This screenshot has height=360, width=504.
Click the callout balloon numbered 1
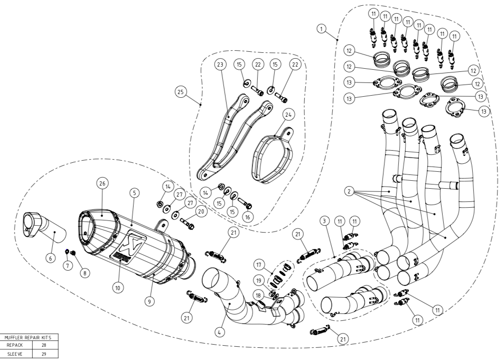tap(321, 29)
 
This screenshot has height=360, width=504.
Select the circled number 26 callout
tap(102, 183)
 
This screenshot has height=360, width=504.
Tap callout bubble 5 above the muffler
tap(135, 193)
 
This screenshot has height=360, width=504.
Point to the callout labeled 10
tap(118, 287)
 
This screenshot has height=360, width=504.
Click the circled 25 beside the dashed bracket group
tap(181, 92)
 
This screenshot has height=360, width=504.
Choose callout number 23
tap(220, 64)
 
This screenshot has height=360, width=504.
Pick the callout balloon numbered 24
tap(288, 115)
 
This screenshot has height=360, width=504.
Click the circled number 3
tap(325, 221)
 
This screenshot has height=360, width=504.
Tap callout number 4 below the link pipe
tap(219, 332)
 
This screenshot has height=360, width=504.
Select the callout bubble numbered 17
tap(259, 265)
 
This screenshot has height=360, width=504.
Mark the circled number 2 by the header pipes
tap(349, 191)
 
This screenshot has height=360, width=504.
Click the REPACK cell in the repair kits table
tap(14, 345)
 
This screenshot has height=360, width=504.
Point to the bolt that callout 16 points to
tap(245, 204)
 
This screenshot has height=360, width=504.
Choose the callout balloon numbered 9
tap(150, 301)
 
